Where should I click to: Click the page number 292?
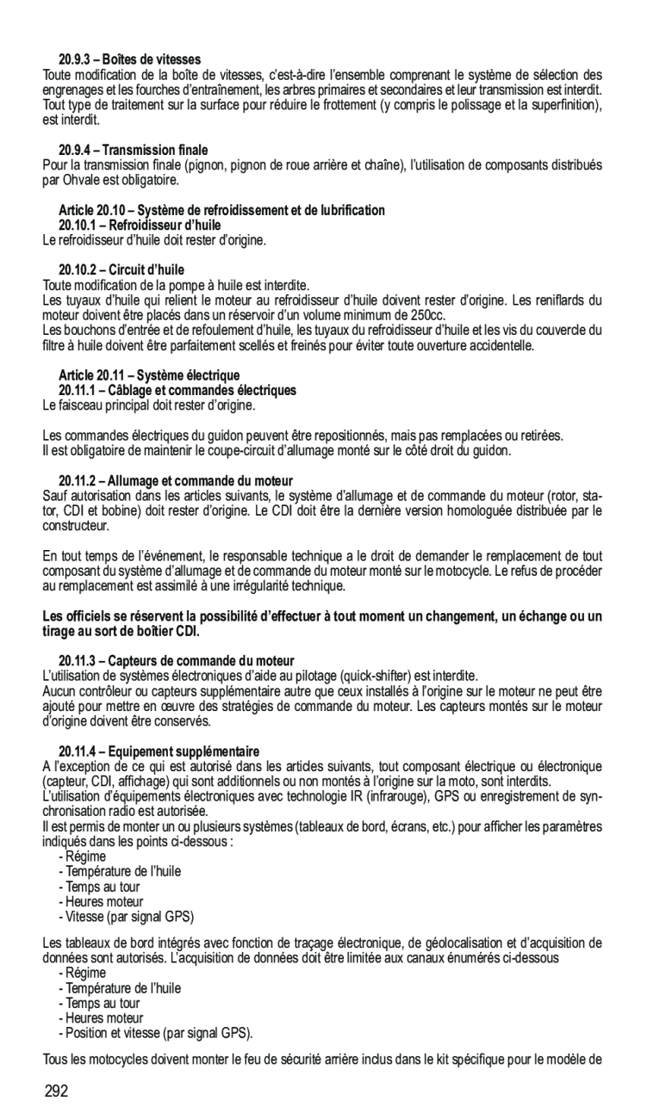pyautogui.click(x=56, y=1092)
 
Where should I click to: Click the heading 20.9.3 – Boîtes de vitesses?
pyautogui.click(x=129, y=59)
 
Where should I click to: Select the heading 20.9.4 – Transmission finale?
pyautogui.click(x=133, y=150)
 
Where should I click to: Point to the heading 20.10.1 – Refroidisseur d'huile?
pyautogui.click(x=140, y=225)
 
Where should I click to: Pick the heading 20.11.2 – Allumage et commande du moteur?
pyautogui.click(x=176, y=480)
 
